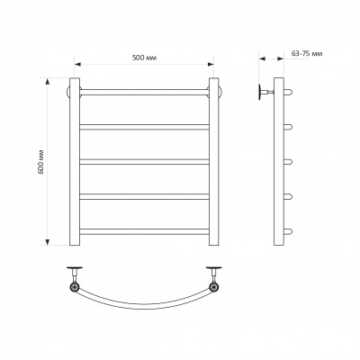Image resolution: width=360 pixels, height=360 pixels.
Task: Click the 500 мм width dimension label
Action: (x=144, y=58)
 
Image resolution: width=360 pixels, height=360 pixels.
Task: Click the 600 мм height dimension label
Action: (x=41, y=161)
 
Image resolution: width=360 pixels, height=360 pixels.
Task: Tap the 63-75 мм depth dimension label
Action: (x=307, y=54)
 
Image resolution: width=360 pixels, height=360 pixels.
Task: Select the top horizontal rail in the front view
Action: (x=144, y=92)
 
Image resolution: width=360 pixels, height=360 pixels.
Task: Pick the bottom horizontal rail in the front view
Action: (x=144, y=231)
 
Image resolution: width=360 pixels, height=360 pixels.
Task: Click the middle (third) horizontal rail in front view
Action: (x=144, y=162)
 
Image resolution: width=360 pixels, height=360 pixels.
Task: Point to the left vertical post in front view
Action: (x=75, y=162)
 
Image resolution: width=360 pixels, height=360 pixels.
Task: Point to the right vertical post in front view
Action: (x=214, y=162)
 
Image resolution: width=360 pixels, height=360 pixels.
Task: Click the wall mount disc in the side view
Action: (x=260, y=92)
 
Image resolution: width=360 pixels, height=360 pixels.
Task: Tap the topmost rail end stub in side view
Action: (x=288, y=92)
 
